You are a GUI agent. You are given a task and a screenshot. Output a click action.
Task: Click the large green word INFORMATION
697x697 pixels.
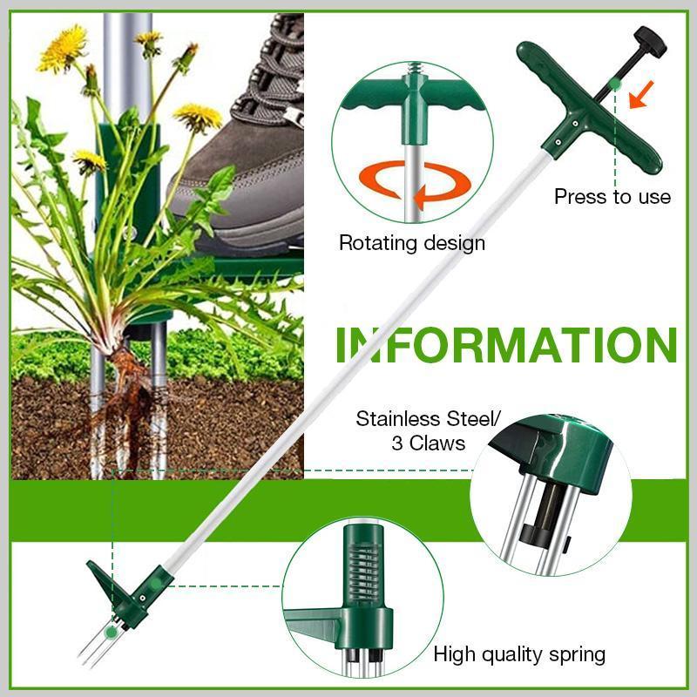click(x=506, y=344)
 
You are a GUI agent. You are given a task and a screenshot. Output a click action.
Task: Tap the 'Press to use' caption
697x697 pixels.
click(x=612, y=197)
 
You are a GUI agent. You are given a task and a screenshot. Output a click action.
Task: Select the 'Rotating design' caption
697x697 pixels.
click(x=412, y=242)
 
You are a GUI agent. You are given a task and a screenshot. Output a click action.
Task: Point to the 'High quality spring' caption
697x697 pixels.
click(x=519, y=654)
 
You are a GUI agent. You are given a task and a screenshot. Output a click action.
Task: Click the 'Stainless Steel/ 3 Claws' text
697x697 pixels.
click(x=428, y=430)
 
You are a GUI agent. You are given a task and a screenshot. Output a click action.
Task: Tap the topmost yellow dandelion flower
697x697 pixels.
click(x=63, y=48)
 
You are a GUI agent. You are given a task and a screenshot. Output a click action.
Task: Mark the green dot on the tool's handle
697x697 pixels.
click(x=615, y=83)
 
